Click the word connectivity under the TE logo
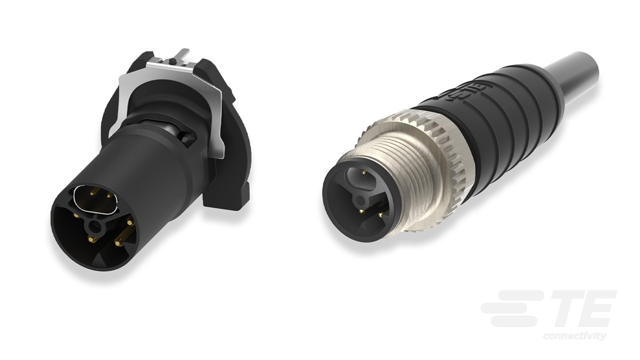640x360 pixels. pyautogui.click(x=574, y=335)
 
